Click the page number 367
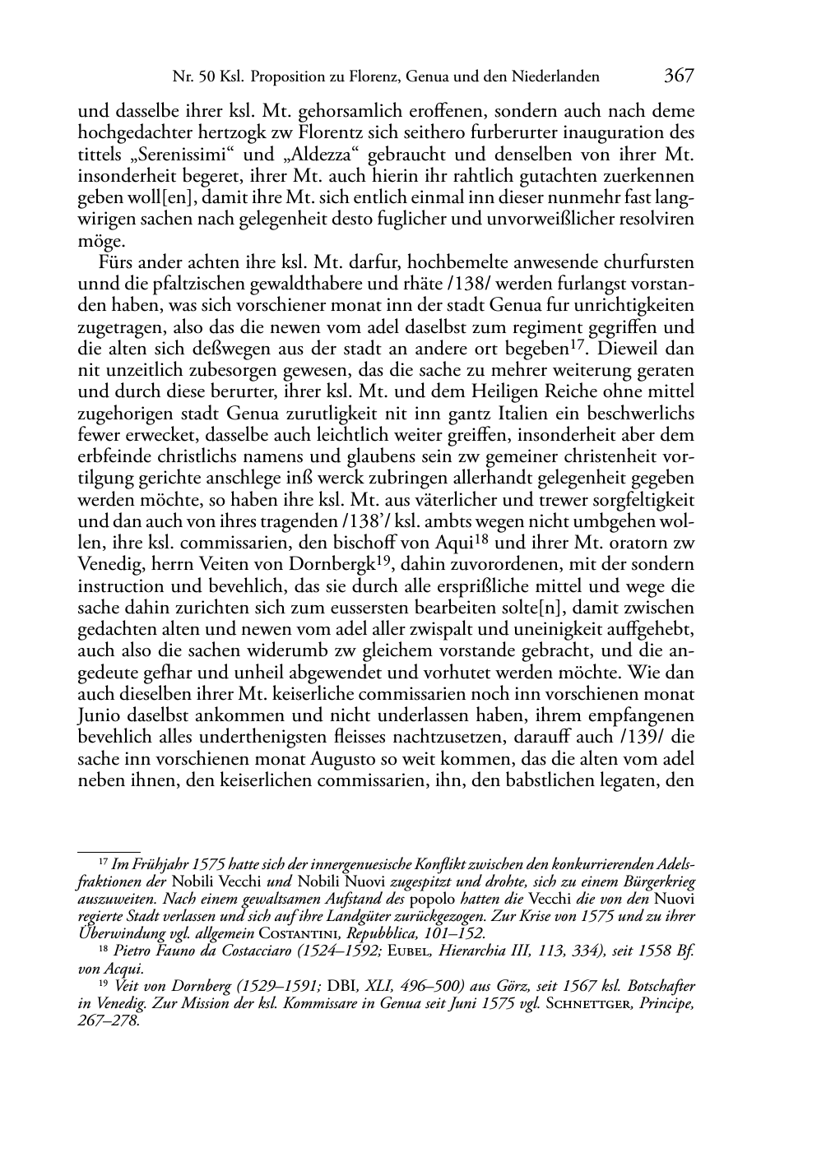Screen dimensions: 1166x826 680,76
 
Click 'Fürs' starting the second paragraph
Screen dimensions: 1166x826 117,263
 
